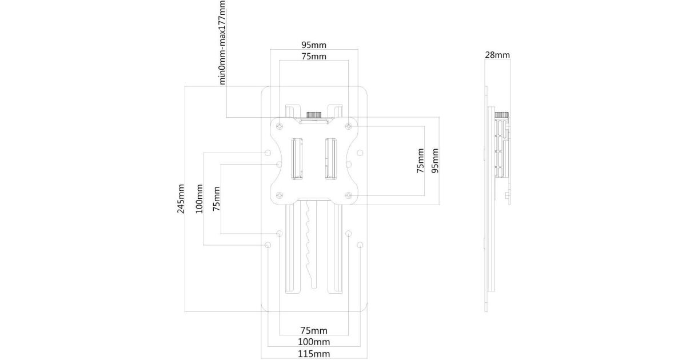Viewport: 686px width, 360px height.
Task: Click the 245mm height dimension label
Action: tap(181, 199)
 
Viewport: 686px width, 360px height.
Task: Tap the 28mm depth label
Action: tap(497, 55)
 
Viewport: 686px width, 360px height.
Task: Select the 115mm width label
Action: tap(314, 354)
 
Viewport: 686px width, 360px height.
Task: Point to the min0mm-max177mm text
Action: tap(223, 42)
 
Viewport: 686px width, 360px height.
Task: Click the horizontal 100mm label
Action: tap(314, 342)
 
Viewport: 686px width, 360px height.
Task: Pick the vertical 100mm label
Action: tap(200, 199)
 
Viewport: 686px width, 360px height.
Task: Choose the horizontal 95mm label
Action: tap(314, 45)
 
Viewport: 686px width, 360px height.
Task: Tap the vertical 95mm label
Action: tap(435, 161)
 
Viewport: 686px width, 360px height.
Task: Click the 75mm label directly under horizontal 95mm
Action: tap(314, 56)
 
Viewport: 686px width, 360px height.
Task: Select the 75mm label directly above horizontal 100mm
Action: tap(314, 330)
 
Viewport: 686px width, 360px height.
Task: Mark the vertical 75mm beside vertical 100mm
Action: tap(217, 199)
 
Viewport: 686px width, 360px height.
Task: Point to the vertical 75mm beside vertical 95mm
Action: tap(421, 161)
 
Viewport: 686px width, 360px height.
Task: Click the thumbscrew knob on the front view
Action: tap(313, 114)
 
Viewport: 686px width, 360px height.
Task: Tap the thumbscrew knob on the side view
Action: tap(502, 114)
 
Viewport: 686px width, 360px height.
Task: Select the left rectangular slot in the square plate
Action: tap(297, 158)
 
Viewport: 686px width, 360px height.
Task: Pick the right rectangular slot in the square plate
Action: tap(330, 158)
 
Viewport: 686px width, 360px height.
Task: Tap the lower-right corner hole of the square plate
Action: tap(349, 196)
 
